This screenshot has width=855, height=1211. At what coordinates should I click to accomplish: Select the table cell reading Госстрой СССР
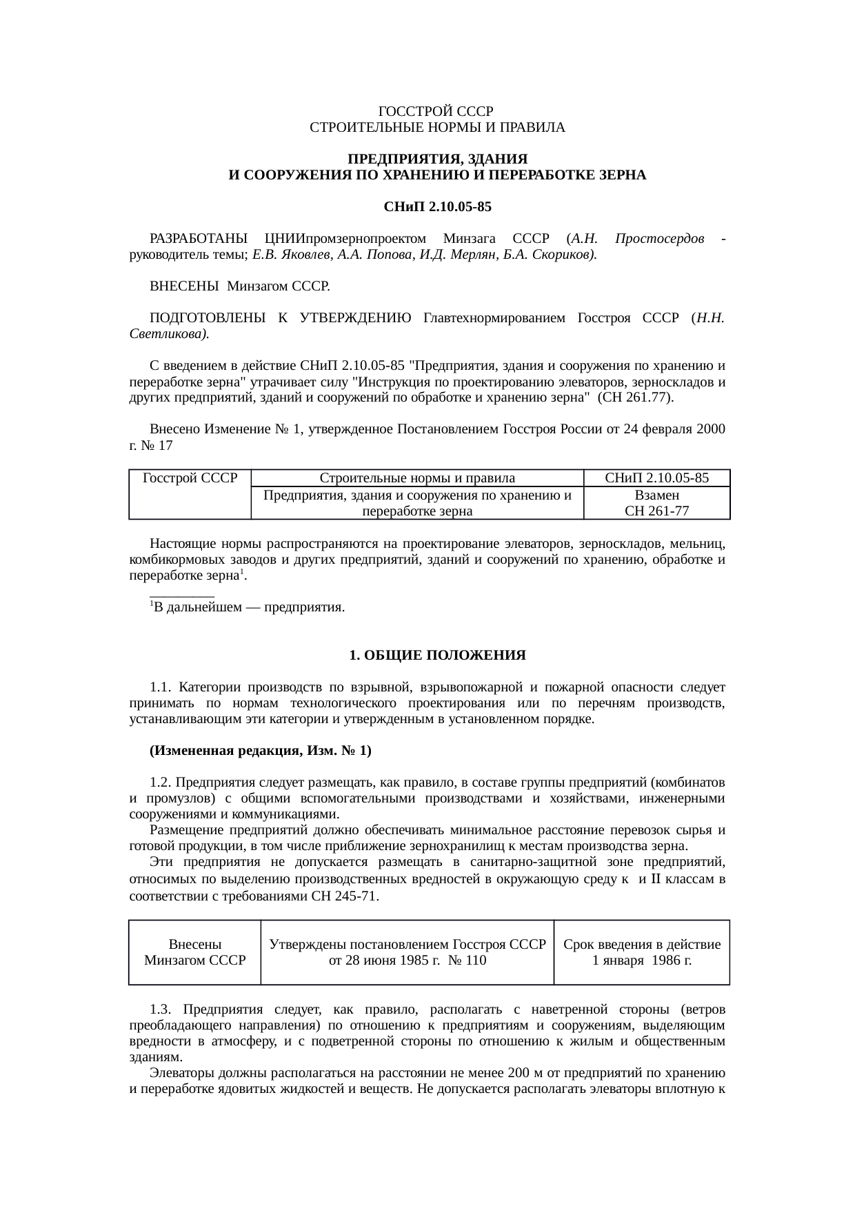(x=190, y=478)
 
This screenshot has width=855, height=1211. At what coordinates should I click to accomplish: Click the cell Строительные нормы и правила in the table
(x=417, y=478)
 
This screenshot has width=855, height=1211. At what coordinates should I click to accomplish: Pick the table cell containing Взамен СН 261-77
(x=656, y=503)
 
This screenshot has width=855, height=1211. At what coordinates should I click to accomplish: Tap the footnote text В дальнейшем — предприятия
(x=248, y=607)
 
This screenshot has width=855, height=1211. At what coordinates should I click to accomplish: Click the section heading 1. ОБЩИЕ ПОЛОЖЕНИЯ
(x=437, y=655)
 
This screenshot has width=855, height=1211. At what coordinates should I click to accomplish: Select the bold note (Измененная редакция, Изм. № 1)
(x=261, y=751)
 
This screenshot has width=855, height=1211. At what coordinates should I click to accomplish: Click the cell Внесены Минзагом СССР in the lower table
(x=195, y=952)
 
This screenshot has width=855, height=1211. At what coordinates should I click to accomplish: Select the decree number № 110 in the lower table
(x=467, y=960)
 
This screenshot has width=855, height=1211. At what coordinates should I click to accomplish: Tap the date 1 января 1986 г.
(x=642, y=960)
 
